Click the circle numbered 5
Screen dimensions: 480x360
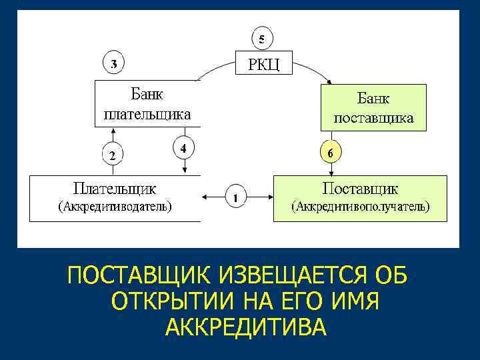click(261, 39)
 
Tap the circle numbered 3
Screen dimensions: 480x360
click(114, 65)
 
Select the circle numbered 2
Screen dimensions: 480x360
click(113, 156)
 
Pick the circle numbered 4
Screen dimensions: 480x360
click(183, 147)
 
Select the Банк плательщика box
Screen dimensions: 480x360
click(147, 104)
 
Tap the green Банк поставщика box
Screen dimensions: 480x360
click(373, 107)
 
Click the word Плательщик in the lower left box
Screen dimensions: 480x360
click(115, 188)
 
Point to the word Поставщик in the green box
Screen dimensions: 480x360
click(360, 188)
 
